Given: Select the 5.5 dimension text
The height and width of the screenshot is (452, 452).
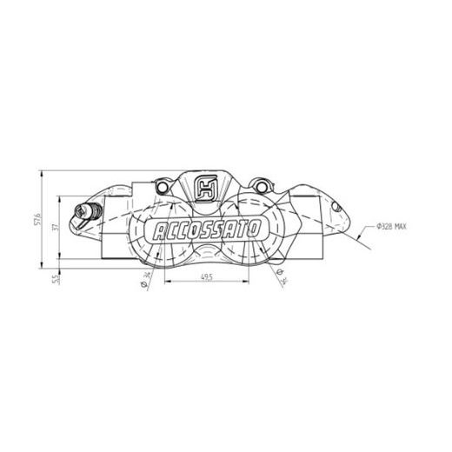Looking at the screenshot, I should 56,277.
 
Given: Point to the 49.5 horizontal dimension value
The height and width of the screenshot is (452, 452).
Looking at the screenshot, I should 206,276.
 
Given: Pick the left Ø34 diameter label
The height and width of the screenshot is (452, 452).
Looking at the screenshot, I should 144,276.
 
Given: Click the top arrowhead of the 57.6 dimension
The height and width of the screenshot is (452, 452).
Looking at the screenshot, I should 41,172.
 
